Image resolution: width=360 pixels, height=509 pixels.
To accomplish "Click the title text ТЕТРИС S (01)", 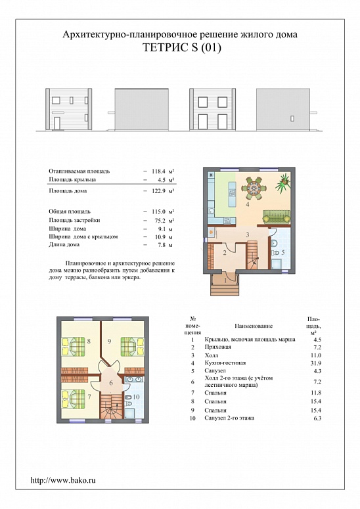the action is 182,48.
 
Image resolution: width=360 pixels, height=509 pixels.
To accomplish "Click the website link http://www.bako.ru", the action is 63,480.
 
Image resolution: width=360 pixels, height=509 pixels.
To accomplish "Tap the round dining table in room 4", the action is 253,188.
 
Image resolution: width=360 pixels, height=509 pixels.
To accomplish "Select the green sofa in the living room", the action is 277,217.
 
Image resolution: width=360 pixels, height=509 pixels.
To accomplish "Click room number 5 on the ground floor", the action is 282,252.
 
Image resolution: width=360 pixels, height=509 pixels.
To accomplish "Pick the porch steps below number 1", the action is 225,290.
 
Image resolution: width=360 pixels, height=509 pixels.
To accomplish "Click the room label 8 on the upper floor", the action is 89,341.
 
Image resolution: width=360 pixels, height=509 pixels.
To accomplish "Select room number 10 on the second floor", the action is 137,397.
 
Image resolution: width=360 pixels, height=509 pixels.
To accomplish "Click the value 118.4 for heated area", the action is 159,171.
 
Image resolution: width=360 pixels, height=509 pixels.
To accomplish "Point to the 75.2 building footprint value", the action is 159,220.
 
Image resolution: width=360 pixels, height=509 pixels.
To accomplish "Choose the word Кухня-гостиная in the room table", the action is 225,363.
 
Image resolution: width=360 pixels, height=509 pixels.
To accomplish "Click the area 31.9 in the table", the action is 316,363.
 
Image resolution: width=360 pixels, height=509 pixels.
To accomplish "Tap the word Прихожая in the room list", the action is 217,347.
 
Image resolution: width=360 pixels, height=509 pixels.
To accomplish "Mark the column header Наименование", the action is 254,326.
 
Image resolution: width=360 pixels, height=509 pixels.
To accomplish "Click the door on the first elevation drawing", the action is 56,123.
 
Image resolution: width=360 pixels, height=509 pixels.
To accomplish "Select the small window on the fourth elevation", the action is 292,118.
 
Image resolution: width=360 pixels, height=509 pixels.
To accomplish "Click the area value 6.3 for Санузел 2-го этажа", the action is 317,418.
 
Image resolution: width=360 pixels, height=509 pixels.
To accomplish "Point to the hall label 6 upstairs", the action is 111,383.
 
